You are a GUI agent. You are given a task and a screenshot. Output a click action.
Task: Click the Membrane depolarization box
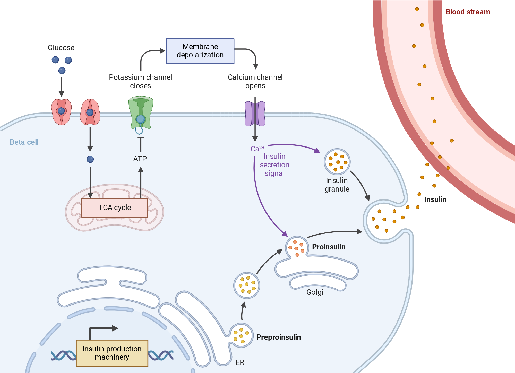(x=200, y=51)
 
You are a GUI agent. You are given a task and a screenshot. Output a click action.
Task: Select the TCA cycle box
(x=115, y=208)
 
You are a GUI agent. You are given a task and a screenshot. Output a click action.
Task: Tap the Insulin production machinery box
(x=112, y=353)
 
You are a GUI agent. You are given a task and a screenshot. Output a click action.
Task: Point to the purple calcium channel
(x=255, y=114)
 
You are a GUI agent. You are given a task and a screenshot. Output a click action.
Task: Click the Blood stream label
(x=468, y=12)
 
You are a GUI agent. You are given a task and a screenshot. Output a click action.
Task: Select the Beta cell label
(x=24, y=142)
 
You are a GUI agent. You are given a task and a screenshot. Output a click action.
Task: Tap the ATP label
(x=140, y=159)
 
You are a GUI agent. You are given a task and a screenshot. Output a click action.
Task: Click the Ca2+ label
(x=257, y=149)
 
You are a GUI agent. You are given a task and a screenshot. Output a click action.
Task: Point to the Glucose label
(x=61, y=48)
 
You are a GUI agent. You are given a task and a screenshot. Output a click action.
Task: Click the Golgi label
(x=315, y=292)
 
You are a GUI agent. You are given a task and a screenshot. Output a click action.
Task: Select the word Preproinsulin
(x=279, y=337)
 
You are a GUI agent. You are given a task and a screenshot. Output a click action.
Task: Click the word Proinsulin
(x=329, y=247)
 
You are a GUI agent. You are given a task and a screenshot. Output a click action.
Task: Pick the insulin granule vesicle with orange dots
(x=337, y=162)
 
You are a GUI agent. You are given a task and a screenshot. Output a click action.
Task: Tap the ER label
(x=240, y=362)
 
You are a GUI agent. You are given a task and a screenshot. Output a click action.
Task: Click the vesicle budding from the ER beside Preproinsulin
(x=241, y=335)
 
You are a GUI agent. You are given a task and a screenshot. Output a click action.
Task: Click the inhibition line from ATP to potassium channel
(x=141, y=144)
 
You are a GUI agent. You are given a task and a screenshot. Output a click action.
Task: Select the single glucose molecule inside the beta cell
(x=90, y=159)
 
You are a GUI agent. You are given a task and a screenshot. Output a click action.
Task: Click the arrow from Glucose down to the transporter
(x=61, y=87)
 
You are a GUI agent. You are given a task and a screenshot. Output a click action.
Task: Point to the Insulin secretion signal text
(x=274, y=165)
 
